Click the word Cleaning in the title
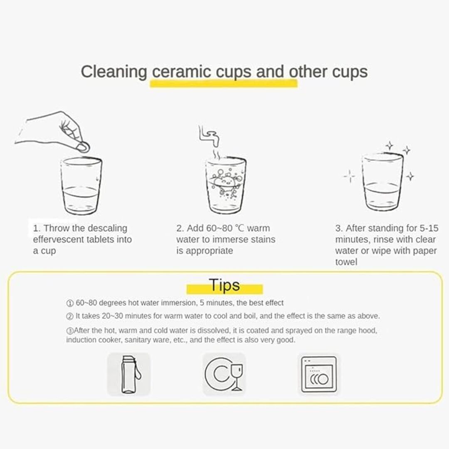[113, 72]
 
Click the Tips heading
[224, 285]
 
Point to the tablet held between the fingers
[83, 147]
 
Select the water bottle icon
[128, 374]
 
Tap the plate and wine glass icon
[224, 374]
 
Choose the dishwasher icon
[319, 374]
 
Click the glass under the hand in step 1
[81, 186]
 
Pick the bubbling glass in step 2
[226, 185]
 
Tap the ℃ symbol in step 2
[240, 228]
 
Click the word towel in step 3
[346, 262]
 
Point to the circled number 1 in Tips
[70, 303]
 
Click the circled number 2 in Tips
[70, 316]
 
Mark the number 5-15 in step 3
[429, 228]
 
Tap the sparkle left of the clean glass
[350, 176]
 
